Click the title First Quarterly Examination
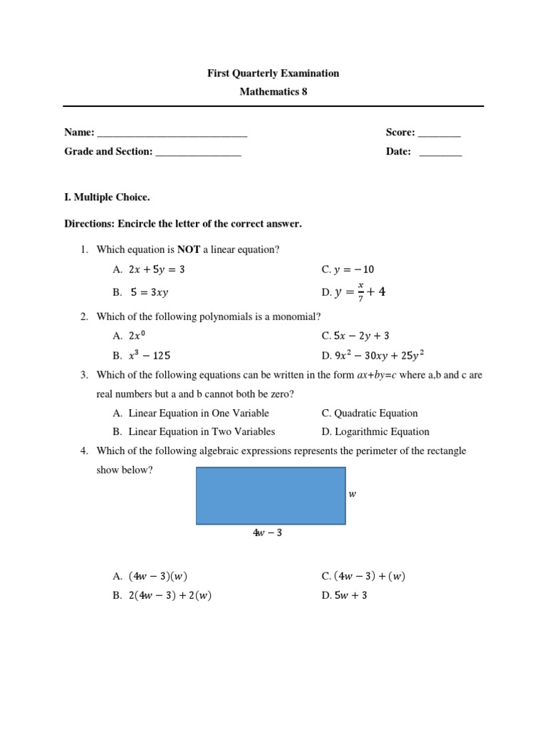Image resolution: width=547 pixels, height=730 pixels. click(x=273, y=73)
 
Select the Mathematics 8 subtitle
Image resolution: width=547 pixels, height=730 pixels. click(x=273, y=92)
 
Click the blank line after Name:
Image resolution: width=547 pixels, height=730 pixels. click(x=172, y=133)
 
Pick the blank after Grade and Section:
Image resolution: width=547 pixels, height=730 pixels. click(x=198, y=153)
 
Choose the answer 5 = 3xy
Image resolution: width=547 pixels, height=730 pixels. click(x=150, y=292)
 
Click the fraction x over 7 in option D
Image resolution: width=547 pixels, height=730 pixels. click(x=360, y=292)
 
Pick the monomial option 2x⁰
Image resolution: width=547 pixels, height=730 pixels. click(x=140, y=336)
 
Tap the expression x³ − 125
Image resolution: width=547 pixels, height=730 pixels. click(x=150, y=355)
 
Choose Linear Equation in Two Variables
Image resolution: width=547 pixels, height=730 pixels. click(x=202, y=431)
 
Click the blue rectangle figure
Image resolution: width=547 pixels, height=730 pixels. click(x=271, y=496)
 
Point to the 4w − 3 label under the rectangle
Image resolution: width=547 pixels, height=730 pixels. click(x=267, y=533)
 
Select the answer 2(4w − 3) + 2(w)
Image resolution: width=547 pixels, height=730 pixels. click(x=170, y=596)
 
